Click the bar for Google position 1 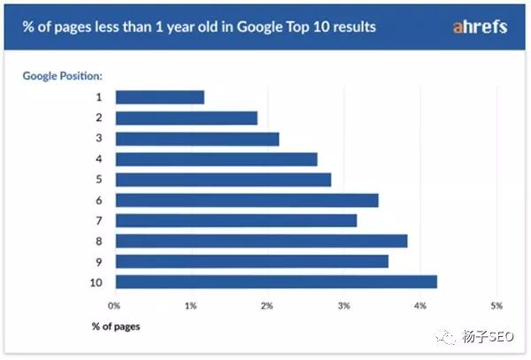click(x=159, y=97)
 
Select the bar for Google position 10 click(x=275, y=281)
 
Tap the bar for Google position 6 click(x=246, y=200)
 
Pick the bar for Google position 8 click(x=261, y=241)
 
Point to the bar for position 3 click(x=196, y=139)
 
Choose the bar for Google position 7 click(x=235, y=220)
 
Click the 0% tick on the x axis click(x=114, y=305)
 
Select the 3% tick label click(x=343, y=305)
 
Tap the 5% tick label click(x=496, y=305)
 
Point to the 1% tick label click(x=190, y=305)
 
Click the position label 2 click(x=99, y=118)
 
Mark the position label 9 click(x=99, y=261)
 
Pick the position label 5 click(x=99, y=180)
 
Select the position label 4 click(x=99, y=159)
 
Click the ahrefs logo click(x=480, y=27)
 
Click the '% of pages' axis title click(x=115, y=326)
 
